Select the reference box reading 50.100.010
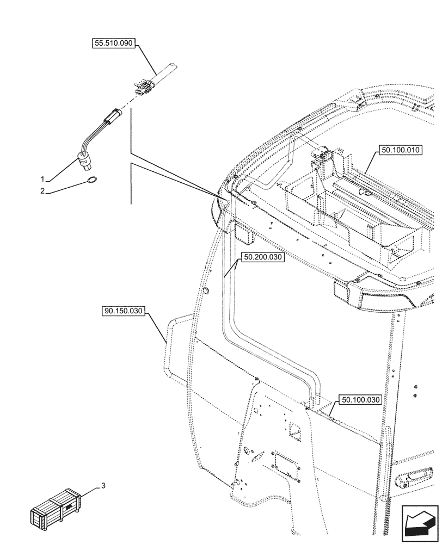tap(397, 150)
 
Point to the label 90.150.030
tap(123, 312)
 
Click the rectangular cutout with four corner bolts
tap(284, 463)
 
